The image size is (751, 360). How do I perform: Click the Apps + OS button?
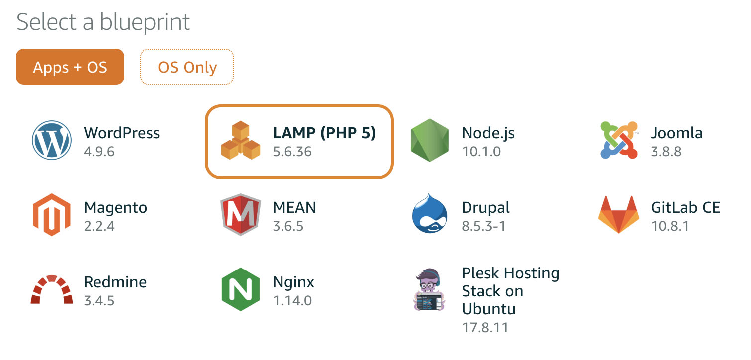tap(70, 67)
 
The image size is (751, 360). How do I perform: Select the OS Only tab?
tap(187, 67)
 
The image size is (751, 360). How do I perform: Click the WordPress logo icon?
tap(52, 141)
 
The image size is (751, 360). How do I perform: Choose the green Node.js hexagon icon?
tap(430, 141)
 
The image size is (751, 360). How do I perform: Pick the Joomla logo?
tap(619, 141)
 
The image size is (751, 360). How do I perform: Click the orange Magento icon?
tap(52, 215)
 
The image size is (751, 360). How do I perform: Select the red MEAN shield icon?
tap(241, 215)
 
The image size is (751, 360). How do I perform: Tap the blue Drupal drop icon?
tap(430, 215)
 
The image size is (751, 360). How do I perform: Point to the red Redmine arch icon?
tap(52, 289)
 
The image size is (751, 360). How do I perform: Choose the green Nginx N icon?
tap(241, 289)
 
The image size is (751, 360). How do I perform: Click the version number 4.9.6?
tap(99, 151)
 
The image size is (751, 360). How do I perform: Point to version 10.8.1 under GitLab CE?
tap(670, 226)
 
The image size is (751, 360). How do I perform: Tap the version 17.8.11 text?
tap(485, 327)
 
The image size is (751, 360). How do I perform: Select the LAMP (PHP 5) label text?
tap(324, 133)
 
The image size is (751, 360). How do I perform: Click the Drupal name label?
tap(485, 207)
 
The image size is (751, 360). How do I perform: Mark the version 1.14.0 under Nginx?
tap(292, 300)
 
